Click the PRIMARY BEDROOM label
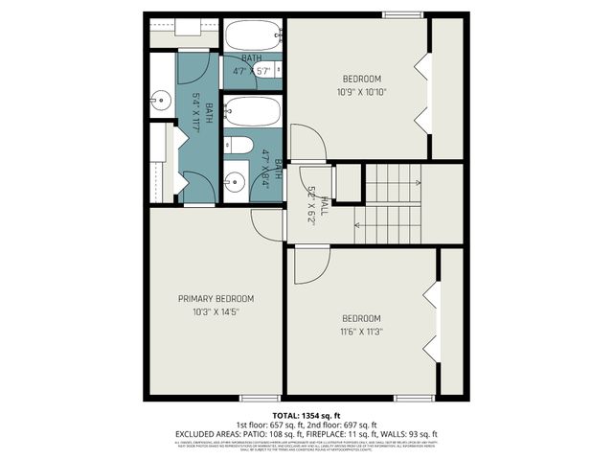[216, 299]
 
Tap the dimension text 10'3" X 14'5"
[216, 312]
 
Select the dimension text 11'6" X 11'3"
[361, 332]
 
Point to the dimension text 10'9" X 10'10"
[361, 92]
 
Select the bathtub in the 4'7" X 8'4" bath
[253, 111]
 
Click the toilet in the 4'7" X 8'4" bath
[239, 146]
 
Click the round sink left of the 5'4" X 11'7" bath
[160, 98]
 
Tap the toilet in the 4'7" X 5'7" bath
[271, 70]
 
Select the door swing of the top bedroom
[306, 144]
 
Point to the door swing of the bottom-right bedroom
[311, 265]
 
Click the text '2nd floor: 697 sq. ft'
[341, 424]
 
